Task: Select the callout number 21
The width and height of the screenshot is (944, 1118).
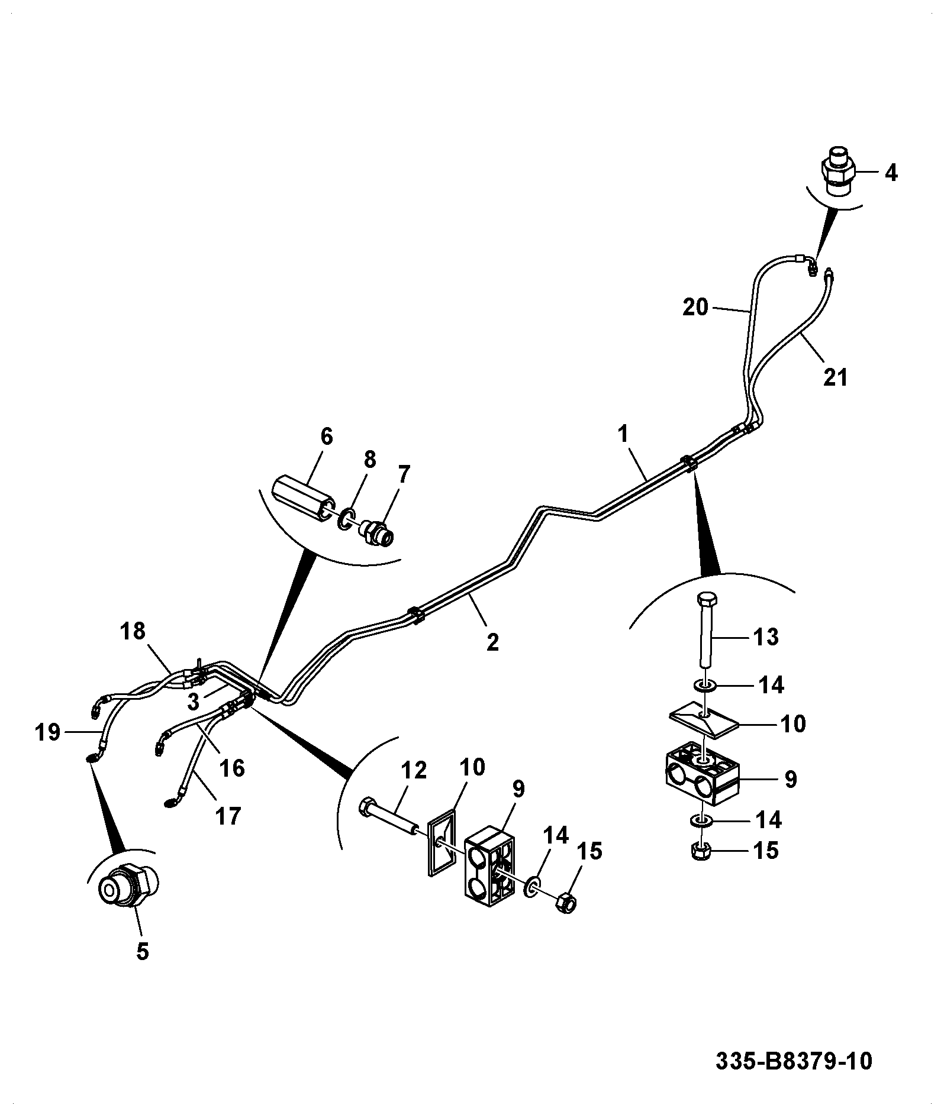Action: (836, 377)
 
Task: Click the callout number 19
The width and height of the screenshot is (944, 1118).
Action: (47, 734)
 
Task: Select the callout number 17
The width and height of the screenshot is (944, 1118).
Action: (228, 817)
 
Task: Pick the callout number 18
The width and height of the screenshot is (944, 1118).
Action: (133, 631)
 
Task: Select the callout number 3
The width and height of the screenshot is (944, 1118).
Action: (193, 702)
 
